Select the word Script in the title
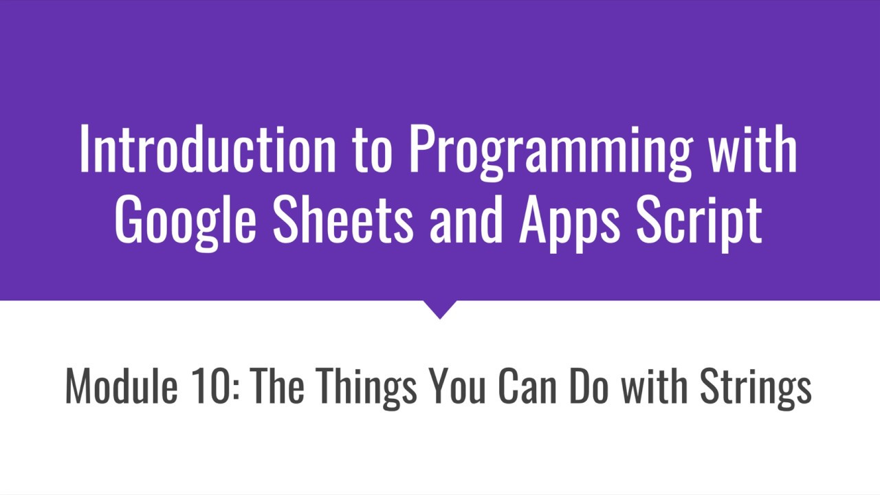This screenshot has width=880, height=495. [699, 221]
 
